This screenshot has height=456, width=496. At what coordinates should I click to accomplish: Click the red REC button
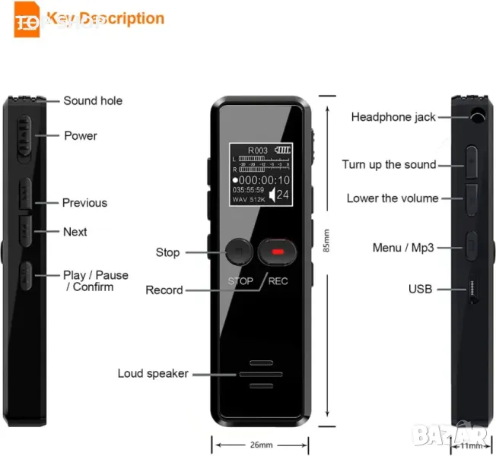[x=277, y=251]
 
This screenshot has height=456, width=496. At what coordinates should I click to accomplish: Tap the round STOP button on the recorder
[x=240, y=251]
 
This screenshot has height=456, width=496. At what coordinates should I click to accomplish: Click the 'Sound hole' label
[x=93, y=101]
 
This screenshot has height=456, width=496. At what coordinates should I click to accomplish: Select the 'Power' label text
[x=81, y=136]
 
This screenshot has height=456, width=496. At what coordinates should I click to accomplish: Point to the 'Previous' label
[x=84, y=203]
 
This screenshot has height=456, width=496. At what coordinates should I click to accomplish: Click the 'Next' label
[x=75, y=232]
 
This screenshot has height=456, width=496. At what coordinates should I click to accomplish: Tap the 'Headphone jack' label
[x=393, y=117]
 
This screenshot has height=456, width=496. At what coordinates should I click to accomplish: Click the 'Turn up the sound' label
[x=389, y=165]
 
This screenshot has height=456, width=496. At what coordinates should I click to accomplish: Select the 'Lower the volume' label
[x=393, y=198]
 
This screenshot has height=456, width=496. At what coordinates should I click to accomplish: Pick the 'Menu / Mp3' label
[x=403, y=248]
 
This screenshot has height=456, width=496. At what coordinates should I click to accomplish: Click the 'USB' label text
[x=420, y=289]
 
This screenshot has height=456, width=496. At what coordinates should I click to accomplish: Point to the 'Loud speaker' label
[x=153, y=373]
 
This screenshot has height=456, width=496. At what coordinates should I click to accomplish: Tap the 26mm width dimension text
[x=261, y=445]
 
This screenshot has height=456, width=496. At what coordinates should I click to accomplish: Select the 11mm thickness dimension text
[x=472, y=445]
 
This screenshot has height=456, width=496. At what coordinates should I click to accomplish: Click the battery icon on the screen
[x=283, y=150]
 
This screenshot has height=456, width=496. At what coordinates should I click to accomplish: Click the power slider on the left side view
[x=24, y=137]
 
